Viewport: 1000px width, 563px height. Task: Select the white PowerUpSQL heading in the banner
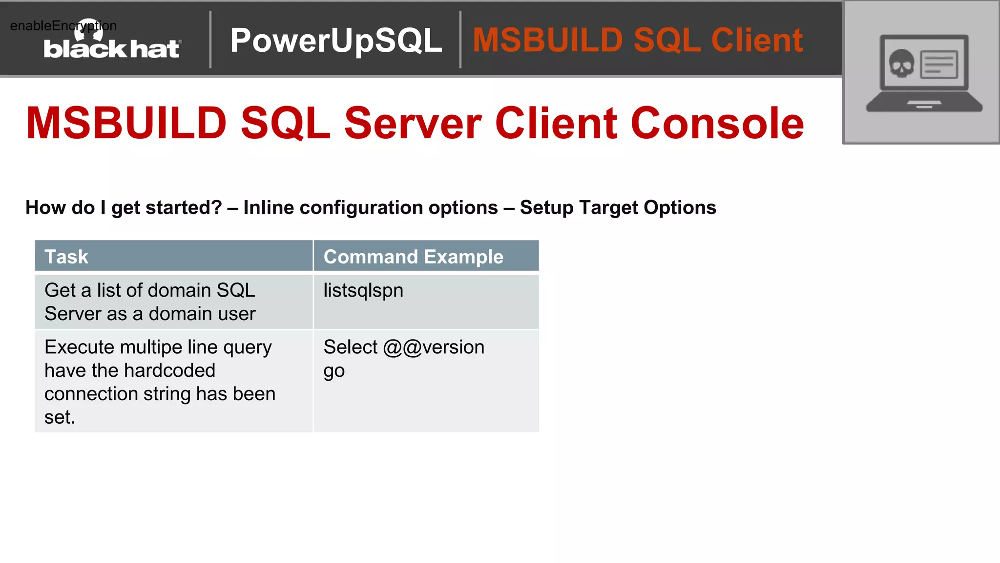pos(336,40)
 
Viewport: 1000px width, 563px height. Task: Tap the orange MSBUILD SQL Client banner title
pos(637,40)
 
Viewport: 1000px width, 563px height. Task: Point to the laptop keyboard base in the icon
pos(924,105)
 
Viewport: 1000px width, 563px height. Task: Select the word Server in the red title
pos(413,123)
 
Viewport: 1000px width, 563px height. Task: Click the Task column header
pos(66,257)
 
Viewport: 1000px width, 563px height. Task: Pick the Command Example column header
pos(413,257)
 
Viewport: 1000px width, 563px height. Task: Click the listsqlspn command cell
pos(363,291)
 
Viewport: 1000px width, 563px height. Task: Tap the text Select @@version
pos(404,347)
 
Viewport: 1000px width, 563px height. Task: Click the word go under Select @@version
pos(334,371)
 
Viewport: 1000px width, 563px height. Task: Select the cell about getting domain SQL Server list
pos(150,302)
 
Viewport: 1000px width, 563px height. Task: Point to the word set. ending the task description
pos(60,417)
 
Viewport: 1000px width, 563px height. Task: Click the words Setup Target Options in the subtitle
pos(618,208)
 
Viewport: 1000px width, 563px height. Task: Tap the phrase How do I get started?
pos(124,208)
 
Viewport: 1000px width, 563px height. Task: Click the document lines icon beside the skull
pos(938,65)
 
